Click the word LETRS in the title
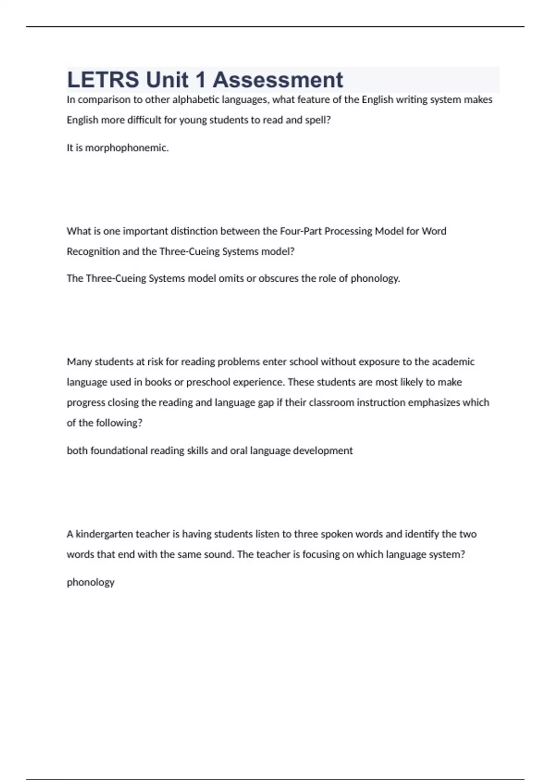(103, 80)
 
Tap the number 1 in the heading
(200, 80)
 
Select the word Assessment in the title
(278, 80)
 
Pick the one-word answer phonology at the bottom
(90, 582)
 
